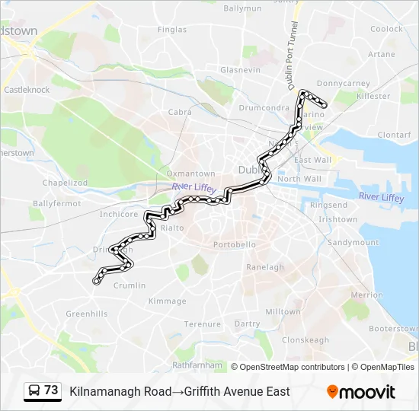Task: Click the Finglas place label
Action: (171, 30)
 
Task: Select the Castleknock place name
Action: (27, 89)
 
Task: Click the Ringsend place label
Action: (328, 205)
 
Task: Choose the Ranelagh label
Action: (265, 267)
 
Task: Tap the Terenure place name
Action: (202, 323)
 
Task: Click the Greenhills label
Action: (87, 314)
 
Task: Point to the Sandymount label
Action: (352, 243)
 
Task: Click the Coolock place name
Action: (387, 29)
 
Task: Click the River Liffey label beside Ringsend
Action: (382, 196)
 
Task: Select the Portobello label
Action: (235, 245)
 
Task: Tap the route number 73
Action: (51, 390)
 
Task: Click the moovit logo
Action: (361, 392)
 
